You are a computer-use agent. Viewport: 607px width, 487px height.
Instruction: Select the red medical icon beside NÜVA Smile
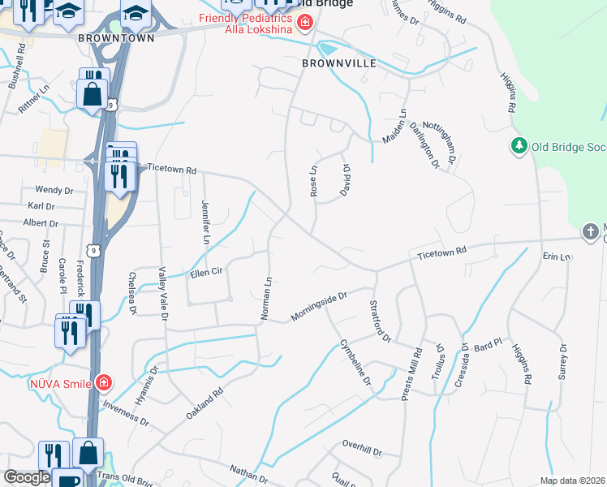102,381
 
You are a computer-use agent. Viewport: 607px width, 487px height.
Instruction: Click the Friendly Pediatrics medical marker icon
305,23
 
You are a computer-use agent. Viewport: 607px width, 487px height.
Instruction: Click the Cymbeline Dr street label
355,363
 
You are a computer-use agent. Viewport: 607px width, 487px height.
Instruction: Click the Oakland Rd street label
204,403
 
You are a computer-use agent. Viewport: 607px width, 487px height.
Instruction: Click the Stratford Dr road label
381,321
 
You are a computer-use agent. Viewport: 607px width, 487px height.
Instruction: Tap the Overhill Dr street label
362,445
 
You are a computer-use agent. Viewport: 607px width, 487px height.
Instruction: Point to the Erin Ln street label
557,256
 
